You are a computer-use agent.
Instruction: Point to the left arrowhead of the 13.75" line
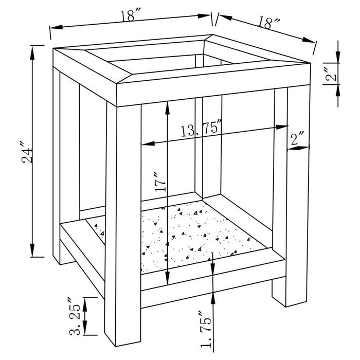145,144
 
